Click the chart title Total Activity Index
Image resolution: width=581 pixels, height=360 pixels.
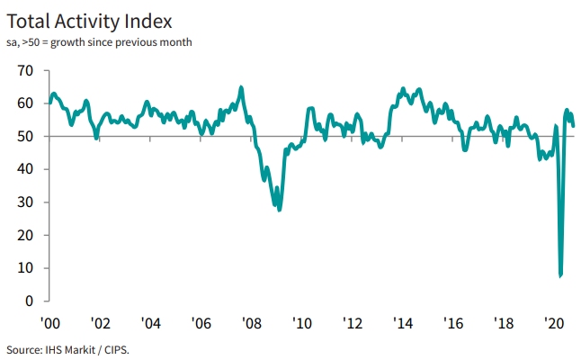(x=88, y=19)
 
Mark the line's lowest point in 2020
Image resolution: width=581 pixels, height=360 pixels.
(x=560, y=275)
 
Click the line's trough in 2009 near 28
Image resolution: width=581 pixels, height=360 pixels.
(x=280, y=210)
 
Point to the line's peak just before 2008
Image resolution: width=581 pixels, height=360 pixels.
(x=241, y=87)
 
